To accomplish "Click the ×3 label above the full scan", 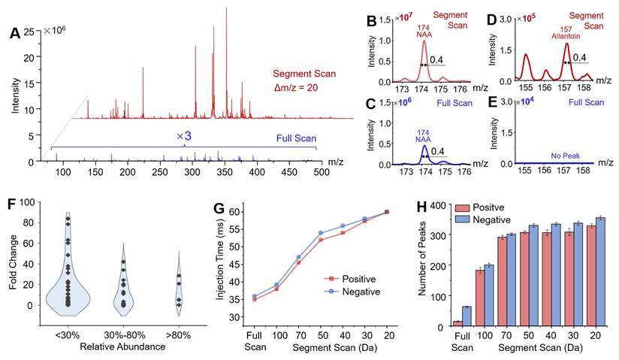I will (185, 136).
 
